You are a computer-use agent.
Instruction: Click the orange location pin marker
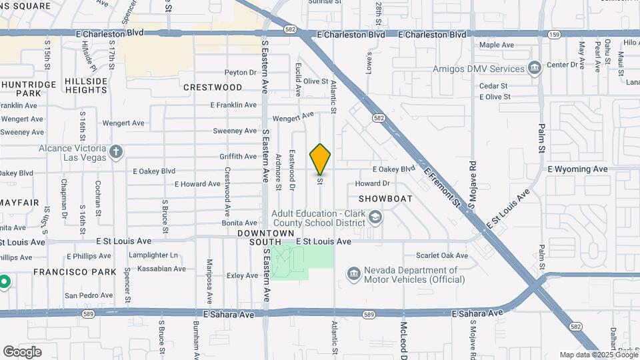click(320, 159)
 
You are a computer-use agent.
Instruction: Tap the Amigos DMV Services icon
click(534, 69)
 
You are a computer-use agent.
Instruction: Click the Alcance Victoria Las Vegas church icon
click(116, 152)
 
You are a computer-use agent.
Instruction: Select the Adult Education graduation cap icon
click(375, 218)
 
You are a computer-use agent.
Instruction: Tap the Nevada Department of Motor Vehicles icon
click(353, 274)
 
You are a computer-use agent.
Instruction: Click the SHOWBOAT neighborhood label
click(385, 199)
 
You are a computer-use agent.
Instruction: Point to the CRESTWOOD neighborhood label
click(213, 87)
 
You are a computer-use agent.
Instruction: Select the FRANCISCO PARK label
click(75, 272)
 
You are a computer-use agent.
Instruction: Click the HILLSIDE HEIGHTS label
click(87, 85)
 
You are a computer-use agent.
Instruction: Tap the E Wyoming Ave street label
click(579, 169)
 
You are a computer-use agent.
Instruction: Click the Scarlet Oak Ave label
click(442, 255)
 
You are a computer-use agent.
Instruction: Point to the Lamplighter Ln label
click(154, 255)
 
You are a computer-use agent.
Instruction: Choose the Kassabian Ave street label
click(161, 269)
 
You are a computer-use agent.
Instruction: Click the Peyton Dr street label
click(241, 73)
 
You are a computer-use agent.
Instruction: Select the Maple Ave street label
click(497, 45)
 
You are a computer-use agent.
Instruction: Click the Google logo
click(23, 351)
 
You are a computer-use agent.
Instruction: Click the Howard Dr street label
click(372, 183)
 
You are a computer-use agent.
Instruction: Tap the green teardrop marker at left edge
click(3, 282)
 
